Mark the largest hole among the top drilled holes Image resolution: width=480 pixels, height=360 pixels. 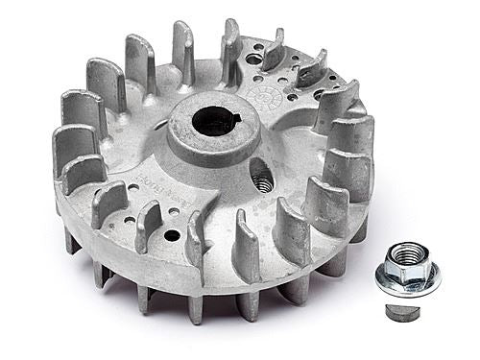(254, 60)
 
